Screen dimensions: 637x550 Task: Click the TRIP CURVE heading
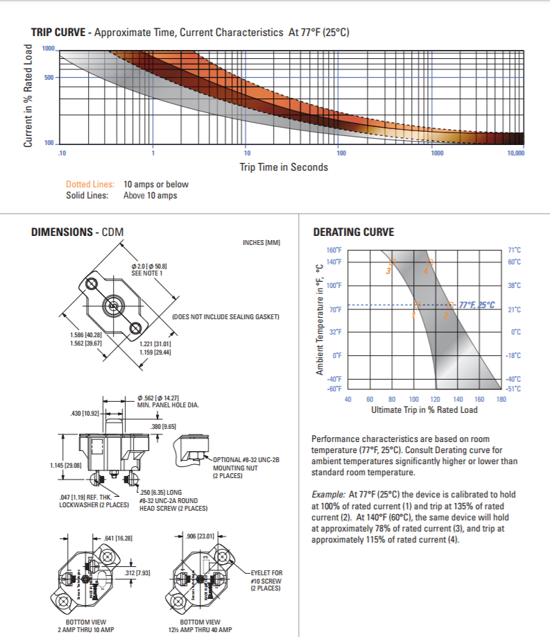[58, 32]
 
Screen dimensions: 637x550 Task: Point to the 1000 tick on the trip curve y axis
[48, 49]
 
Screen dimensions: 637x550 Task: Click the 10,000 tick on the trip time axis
[515, 153]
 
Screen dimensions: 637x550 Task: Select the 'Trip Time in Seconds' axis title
[284, 167]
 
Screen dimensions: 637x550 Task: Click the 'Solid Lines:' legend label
[87, 196]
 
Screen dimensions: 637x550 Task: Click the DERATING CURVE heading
[353, 232]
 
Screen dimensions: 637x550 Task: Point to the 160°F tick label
[334, 250]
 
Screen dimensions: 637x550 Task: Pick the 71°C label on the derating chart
[514, 250]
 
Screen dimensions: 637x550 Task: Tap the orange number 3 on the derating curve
[388, 271]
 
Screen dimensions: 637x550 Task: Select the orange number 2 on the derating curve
[446, 316]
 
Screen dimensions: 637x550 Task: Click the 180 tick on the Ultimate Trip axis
[501, 399]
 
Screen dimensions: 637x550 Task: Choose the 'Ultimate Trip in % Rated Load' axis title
[424, 409]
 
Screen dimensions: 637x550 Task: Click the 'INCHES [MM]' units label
[261, 242]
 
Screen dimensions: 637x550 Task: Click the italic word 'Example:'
[327, 494]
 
